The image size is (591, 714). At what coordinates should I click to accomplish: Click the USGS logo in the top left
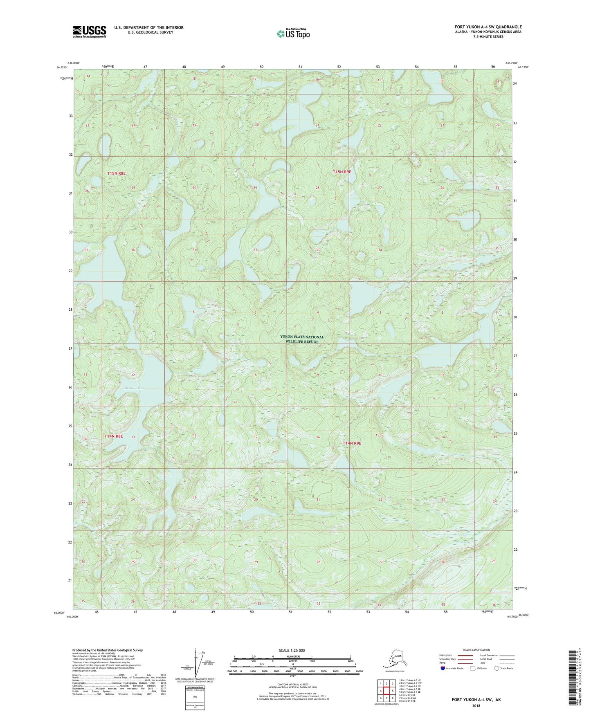pos(89,31)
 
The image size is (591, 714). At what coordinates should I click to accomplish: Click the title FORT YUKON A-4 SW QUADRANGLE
pos(488,27)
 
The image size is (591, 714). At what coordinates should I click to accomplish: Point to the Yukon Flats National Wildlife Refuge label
pos(302,339)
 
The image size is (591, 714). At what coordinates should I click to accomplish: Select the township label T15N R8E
pos(116,173)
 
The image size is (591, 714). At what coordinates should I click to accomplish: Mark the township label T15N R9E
pos(342,172)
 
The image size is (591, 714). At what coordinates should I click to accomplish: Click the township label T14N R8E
pos(113,436)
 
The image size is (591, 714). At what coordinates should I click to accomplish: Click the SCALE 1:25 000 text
pos(292,650)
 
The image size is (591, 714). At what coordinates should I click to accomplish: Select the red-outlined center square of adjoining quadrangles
pos(386,691)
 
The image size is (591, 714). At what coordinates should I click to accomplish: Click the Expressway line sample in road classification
pos(465,655)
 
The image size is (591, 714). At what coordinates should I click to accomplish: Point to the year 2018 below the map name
pos(476,705)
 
